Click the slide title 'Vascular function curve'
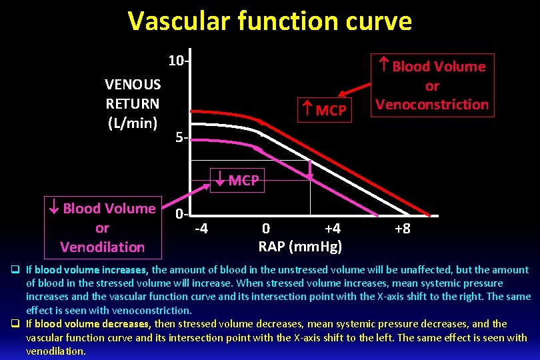pos(270,21)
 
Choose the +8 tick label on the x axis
pos(402,229)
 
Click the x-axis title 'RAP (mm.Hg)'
pos(300,247)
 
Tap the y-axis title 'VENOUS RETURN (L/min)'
pos(133,103)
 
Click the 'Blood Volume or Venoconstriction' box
pos(432,85)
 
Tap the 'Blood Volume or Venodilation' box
pos(102,227)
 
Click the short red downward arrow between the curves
pos(310,170)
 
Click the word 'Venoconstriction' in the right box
pos(432,105)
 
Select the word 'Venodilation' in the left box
pos(102,247)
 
